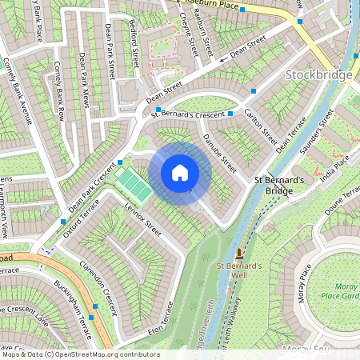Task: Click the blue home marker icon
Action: click(x=180, y=173)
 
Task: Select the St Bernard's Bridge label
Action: click(x=279, y=186)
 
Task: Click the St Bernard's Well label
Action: click(x=239, y=270)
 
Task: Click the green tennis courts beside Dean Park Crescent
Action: click(x=134, y=186)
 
